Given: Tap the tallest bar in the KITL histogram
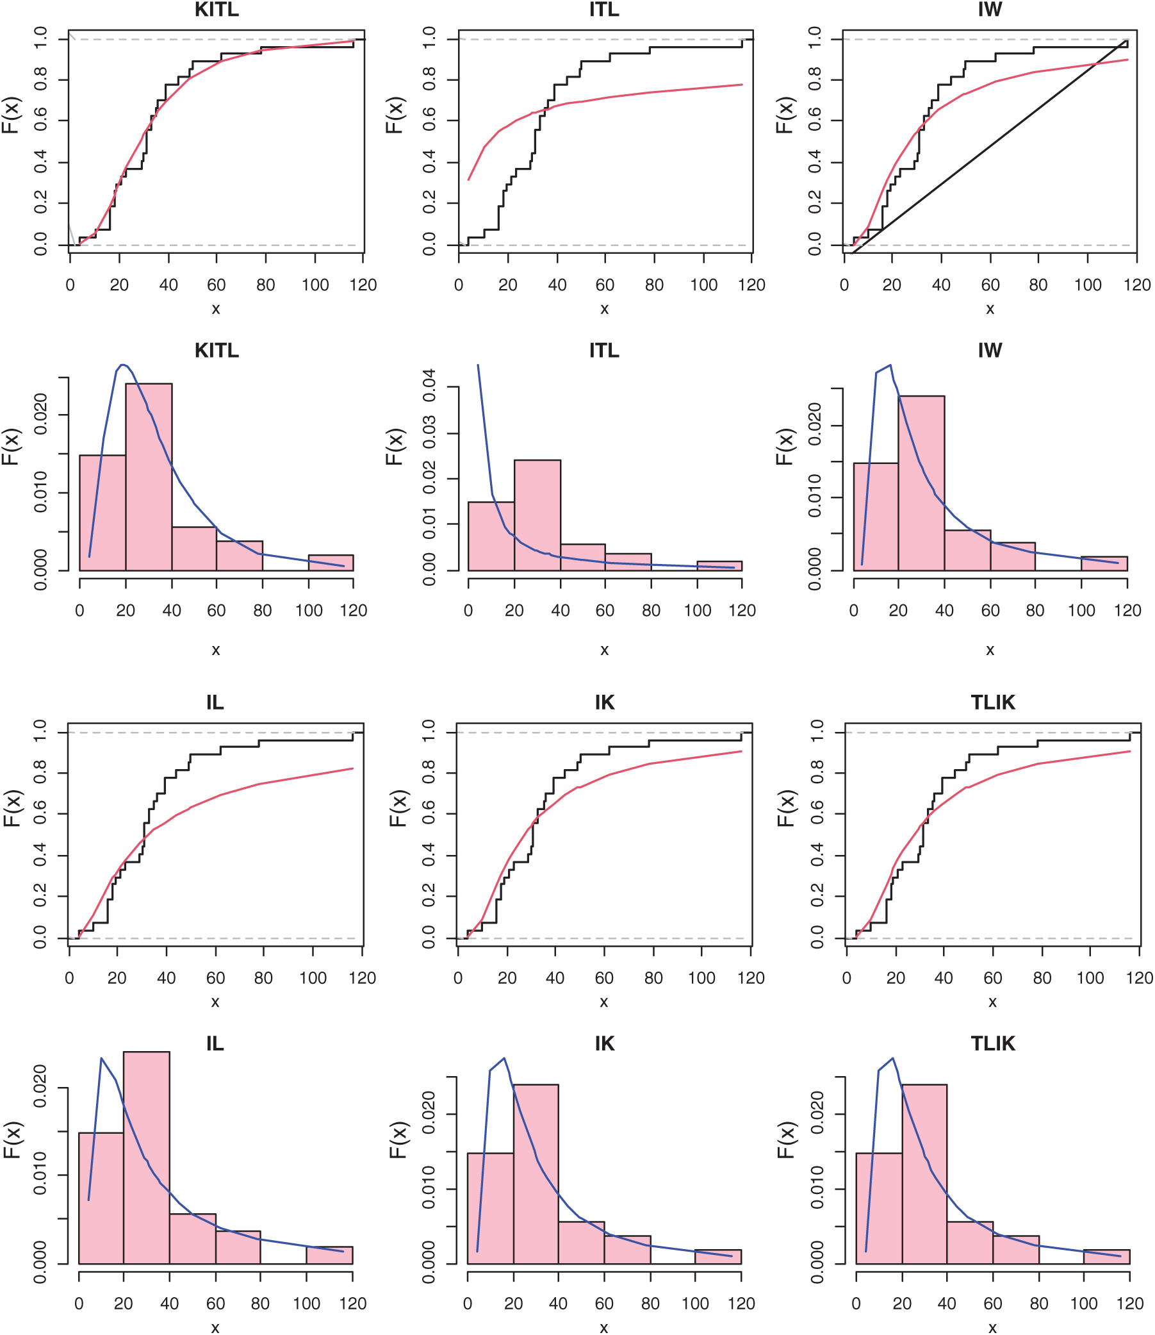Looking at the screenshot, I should click(149, 477).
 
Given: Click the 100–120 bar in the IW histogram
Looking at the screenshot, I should click(1104, 563).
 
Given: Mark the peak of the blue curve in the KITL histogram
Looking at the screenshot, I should click(122, 365).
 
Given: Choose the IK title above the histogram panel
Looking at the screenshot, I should click(605, 1043).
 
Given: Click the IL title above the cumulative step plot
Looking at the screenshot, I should click(215, 702).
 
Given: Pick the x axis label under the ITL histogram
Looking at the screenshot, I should click(605, 650).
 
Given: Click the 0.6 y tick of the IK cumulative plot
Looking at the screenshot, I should click(429, 815).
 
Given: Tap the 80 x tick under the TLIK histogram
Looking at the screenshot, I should click(1038, 1304).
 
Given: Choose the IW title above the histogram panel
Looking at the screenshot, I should click(990, 350).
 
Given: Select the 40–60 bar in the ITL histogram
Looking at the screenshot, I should click(583, 558).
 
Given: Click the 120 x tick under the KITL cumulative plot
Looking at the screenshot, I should click(363, 285).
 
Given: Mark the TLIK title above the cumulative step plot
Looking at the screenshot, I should click(992, 702).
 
